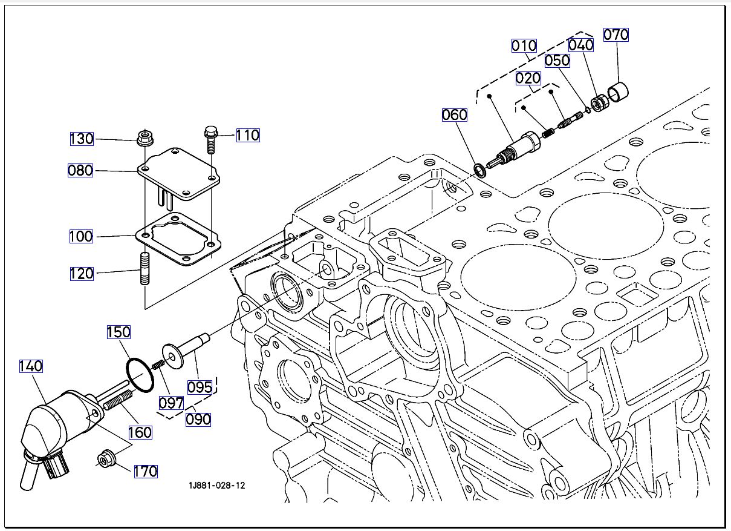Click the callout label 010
(524, 45)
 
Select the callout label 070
(616, 35)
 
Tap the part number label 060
(454, 114)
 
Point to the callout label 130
(81, 139)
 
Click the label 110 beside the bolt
(247, 135)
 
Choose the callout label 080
(80, 170)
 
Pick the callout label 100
(81, 236)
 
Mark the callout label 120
(81, 273)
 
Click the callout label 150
(119, 332)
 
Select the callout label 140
(31, 366)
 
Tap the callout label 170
(145, 471)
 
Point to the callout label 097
(171, 402)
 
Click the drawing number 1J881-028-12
(217, 486)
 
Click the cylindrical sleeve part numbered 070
(618, 92)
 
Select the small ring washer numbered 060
(479, 169)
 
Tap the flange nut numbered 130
(144, 138)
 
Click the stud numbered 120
(145, 269)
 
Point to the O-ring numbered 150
(140, 375)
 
